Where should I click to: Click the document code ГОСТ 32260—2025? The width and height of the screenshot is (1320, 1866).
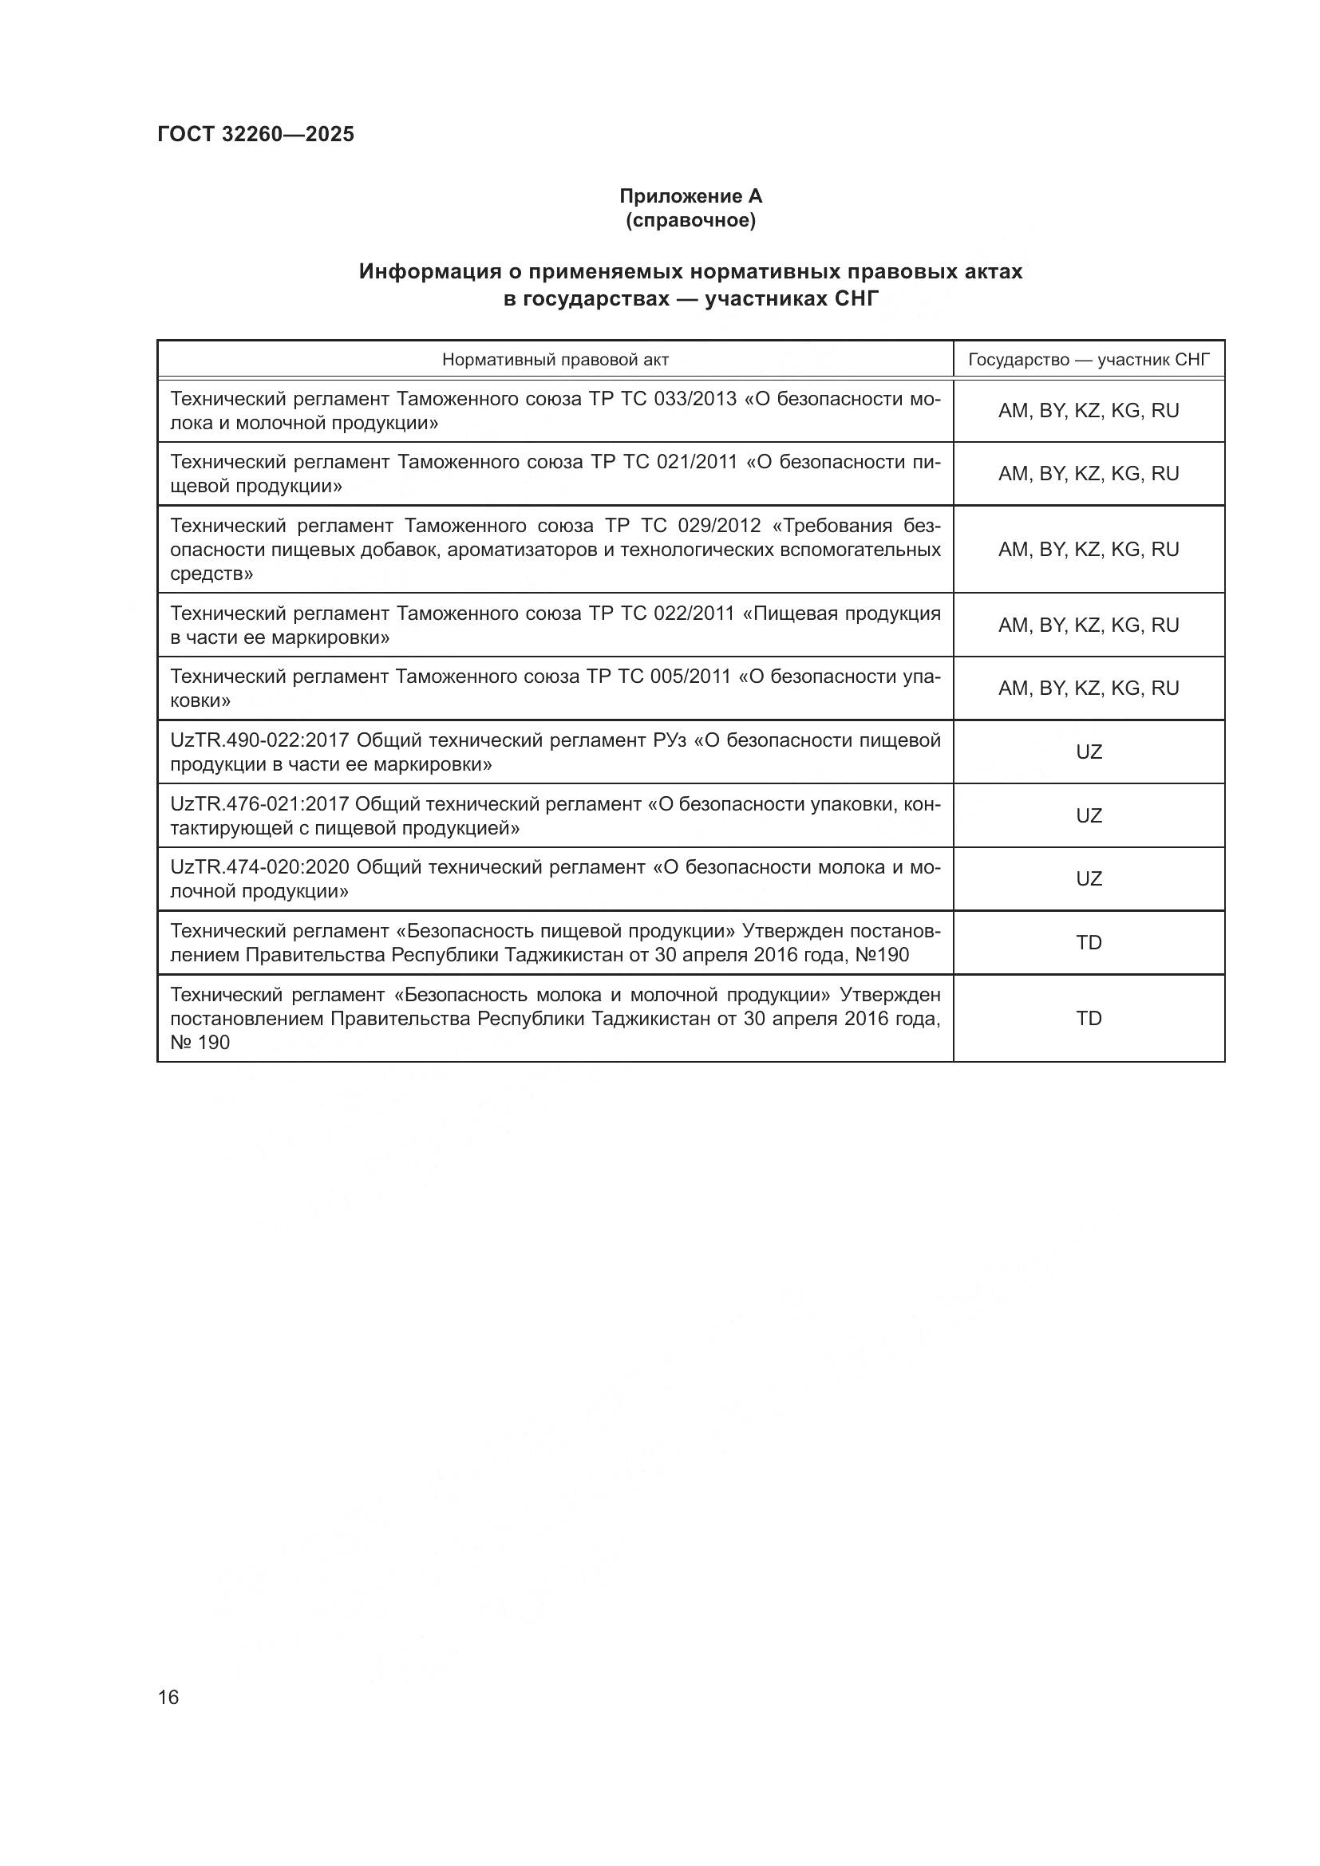pos(255,134)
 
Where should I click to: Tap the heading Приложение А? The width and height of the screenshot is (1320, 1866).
pos(690,196)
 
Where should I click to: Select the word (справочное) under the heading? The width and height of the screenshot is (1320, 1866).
pos(690,220)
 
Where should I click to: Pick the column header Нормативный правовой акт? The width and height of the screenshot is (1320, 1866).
pos(555,359)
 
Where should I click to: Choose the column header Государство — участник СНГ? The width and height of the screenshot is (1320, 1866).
pos(1089,359)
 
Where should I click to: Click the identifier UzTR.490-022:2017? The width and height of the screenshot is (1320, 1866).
pos(260,740)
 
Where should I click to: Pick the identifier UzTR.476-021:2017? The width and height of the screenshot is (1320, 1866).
pos(259,804)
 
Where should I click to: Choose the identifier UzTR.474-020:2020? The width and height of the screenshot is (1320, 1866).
pos(260,867)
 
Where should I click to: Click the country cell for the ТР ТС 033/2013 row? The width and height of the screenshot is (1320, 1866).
pos(1089,411)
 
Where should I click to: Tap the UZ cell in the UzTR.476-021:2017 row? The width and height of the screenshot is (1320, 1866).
pos(1089,815)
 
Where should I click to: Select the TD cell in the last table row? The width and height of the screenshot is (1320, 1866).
pos(1089,1018)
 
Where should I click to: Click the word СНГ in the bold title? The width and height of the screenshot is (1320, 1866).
pos(856,299)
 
